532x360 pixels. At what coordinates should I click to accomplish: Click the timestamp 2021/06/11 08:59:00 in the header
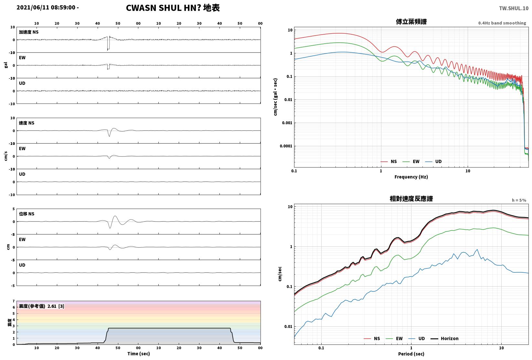click(x=46, y=7)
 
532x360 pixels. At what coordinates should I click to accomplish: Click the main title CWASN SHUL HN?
click(x=164, y=8)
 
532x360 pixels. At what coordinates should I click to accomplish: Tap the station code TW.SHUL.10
click(x=514, y=8)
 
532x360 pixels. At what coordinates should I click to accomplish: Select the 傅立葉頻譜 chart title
click(x=411, y=22)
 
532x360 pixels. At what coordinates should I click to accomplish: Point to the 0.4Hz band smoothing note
click(x=502, y=23)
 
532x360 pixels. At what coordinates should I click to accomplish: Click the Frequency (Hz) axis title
click(x=411, y=177)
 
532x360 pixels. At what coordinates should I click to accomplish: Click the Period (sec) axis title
click(x=411, y=354)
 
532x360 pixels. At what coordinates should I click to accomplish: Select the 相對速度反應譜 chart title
click(x=411, y=199)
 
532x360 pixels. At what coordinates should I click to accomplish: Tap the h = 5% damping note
click(x=519, y=200)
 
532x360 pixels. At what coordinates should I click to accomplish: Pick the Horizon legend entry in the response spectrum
click(x=445, y=338)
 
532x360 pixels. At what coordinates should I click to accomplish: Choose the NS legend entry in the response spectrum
click(x=372, y=338)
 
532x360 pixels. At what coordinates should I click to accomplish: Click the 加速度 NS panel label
click(x=29, y=32)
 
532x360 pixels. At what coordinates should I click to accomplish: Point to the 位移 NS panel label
click(x=27, y=214)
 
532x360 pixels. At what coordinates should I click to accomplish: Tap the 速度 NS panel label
click(x=27, y=123)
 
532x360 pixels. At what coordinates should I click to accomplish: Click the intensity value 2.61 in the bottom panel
click(x=52, y=306)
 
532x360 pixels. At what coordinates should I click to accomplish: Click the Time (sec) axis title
click(x=138, y=354)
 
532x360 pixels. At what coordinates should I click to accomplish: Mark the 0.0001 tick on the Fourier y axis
click(x=286, y=146)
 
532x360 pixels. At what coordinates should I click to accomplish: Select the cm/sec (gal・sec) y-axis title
click(x=275, y=97)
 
